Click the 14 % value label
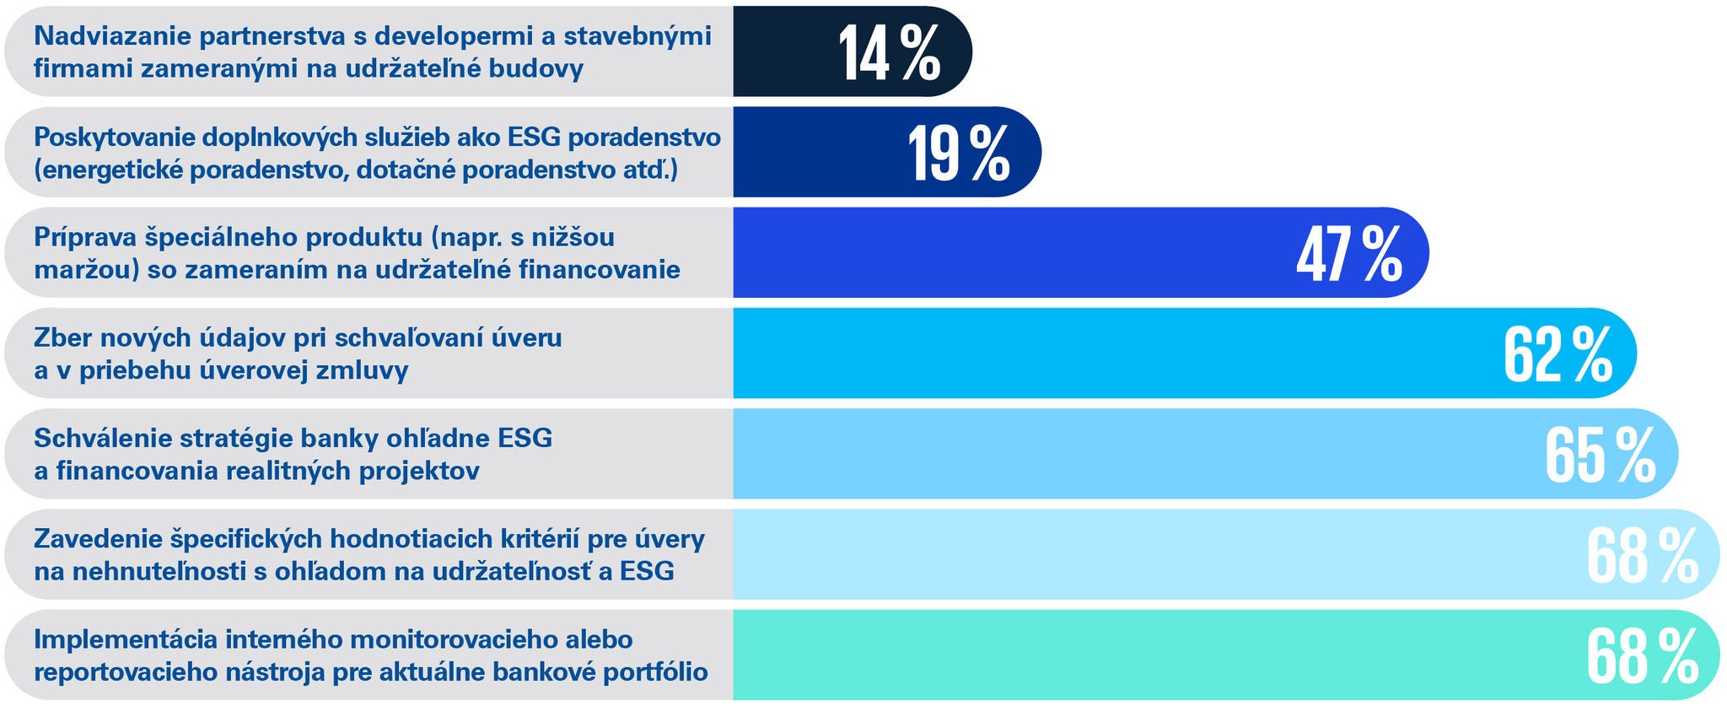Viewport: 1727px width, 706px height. point(889,52)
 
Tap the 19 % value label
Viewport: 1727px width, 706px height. point(959,154)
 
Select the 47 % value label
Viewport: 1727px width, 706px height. point(1348,254)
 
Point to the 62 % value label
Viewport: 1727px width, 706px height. point(1557,354)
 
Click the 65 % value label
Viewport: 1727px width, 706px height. point(1599,455)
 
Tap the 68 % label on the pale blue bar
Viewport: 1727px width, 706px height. point(1641,556)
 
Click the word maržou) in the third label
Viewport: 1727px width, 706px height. point(85,271)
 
